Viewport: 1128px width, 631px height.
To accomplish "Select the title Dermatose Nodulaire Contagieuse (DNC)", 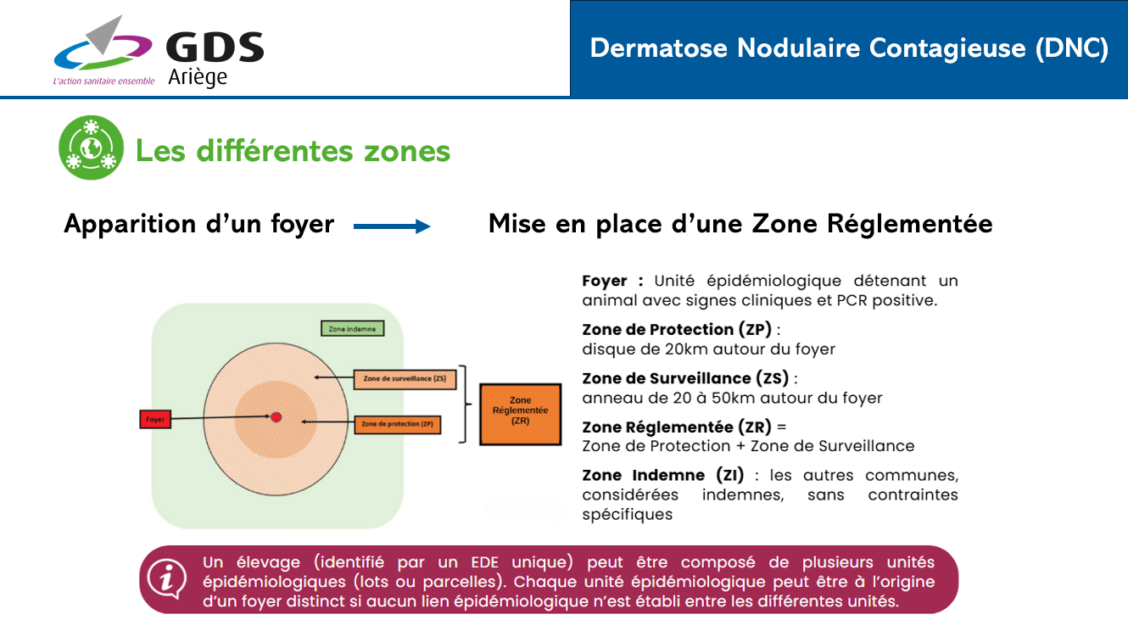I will click(849, 48).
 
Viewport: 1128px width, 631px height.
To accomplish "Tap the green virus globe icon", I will click(91, 148).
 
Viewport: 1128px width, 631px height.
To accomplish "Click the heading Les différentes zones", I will click(293, 151).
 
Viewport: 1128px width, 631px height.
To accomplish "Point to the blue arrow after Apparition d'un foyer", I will click(392, 226).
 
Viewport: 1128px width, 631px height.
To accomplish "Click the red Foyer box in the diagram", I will click(155, 419).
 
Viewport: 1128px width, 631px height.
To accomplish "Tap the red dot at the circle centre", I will click(276, 416).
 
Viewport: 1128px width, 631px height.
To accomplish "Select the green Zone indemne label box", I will click(352, 329).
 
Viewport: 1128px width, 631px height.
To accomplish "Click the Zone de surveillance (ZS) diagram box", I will click(405, 378).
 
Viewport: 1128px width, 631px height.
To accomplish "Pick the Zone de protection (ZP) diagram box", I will click(397, 424).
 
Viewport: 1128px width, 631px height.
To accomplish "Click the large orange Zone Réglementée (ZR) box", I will click(520, 414).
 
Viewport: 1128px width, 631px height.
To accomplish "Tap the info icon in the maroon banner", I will click(167, 578).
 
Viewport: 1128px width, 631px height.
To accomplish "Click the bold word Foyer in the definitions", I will click(606, 281).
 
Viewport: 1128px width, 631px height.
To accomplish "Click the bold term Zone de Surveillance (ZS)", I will click(685, 378).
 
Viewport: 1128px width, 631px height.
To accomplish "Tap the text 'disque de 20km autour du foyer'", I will click(708, 349).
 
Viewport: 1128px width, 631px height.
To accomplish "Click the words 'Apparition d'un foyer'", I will click(199, 225).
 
